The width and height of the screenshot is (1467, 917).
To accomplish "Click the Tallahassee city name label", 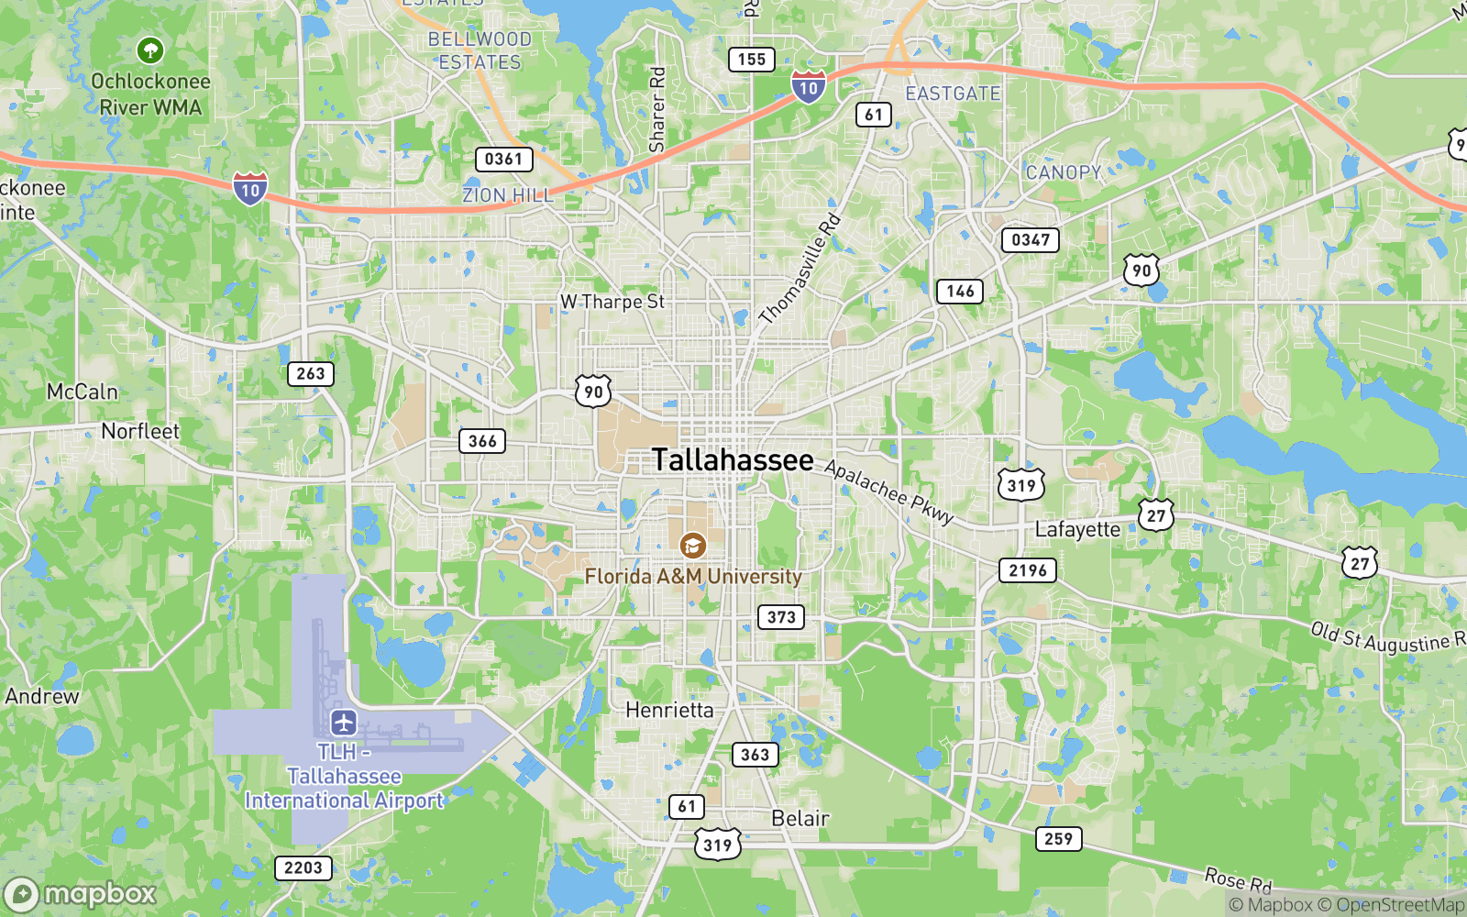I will [733, 459].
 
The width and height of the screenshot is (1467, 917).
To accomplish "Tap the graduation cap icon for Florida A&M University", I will [693, 546].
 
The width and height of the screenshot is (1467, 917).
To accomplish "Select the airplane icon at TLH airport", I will [344, 723].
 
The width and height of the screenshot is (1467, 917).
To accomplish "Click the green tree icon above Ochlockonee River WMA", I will [150, 50].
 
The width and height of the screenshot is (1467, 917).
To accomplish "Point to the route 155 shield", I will [751, 60].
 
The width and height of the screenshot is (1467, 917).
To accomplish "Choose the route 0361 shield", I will [503, 160].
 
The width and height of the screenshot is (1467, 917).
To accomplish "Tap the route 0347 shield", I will [1030, 240].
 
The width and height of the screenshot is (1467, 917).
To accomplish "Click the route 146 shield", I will [960, 292].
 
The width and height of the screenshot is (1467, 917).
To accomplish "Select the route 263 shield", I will [310, 374].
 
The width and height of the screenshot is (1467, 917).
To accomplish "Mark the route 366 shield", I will [482, 441].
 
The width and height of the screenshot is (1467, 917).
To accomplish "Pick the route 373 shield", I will [781, 617].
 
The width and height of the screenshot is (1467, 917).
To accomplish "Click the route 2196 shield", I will [1027, 570].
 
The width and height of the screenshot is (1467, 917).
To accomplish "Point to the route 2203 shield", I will [303, 867].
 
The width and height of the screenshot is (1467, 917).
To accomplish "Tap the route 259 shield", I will [1058, 839].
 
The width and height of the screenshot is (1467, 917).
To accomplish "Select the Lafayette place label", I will [1077, 529].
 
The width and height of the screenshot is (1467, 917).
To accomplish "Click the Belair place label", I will [800, 818].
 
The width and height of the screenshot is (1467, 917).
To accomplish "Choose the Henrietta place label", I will [669, 710].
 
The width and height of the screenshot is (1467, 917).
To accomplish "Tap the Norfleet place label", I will [140, 431].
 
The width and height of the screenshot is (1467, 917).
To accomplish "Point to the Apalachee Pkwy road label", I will [888, 492].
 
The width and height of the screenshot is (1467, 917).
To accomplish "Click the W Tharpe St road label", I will [612, 302].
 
